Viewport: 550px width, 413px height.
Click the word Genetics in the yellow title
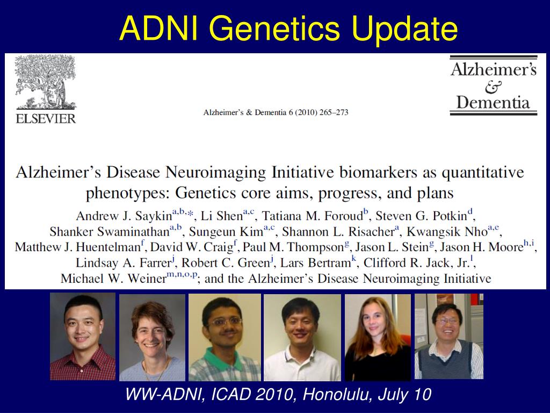point(274,29)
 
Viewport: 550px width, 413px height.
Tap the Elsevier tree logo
point(46,82)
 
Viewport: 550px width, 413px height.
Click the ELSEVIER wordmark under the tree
point(46,119)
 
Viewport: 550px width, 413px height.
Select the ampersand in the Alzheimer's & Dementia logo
point(493,87)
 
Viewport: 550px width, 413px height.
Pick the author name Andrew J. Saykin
point(124,216)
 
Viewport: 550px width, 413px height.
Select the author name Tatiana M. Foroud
point(313,216)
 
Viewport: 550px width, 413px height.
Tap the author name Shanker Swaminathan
point(110,232)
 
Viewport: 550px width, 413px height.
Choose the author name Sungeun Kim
point(226,232)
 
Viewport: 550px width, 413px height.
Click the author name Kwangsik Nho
point(447,232)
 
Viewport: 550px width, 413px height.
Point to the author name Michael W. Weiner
point(113,279)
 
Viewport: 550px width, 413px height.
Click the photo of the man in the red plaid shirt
point(82,337)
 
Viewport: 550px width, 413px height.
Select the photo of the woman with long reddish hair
point(378,338)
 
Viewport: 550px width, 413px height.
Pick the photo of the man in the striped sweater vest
point(449,337)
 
